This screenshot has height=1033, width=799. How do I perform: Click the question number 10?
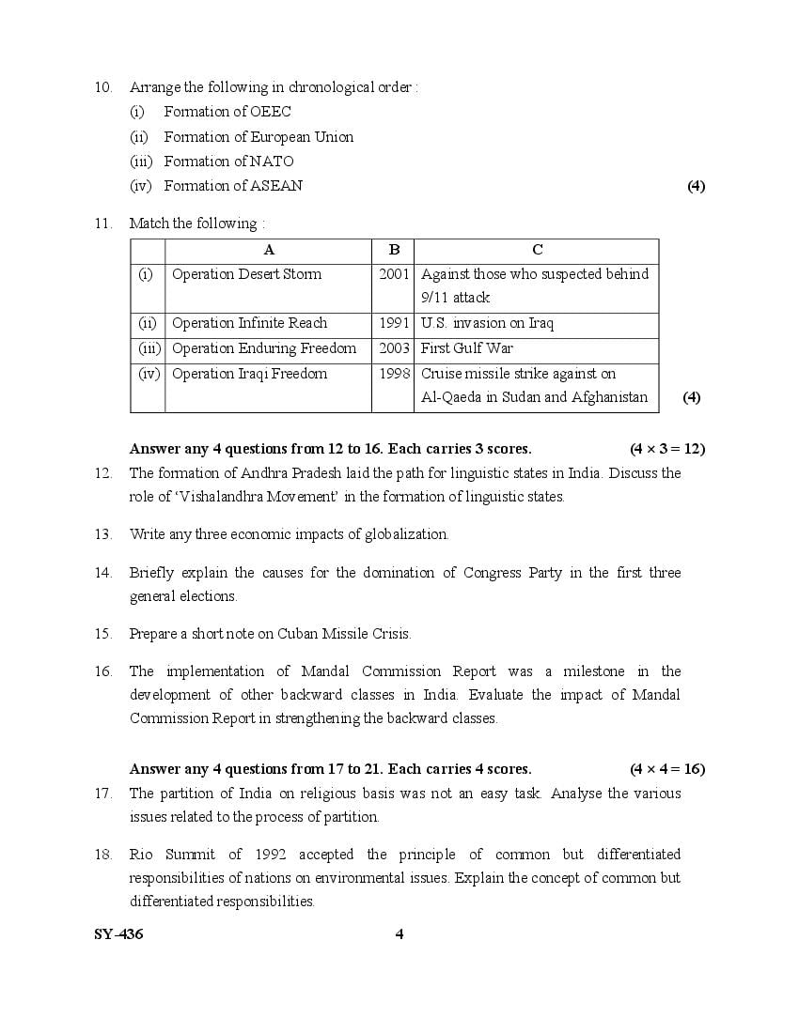tap(103, 87)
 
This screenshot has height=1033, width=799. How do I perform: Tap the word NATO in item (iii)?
tap(272, 162)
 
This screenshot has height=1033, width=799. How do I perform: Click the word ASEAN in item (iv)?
tap(276, 186)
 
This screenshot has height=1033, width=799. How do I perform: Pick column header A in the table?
tap(269, 250)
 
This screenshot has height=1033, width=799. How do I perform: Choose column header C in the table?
tap(537, 250)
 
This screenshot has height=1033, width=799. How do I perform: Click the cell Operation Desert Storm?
tap(246, 274)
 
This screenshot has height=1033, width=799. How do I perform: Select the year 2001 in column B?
tap(394, 274)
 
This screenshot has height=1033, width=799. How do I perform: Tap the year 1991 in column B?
tap(394, 323)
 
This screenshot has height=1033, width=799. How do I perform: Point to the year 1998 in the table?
tap(394, 374)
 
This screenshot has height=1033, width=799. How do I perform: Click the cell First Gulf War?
tap(467, 348)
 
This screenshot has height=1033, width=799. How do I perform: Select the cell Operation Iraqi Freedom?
tap(249, 374)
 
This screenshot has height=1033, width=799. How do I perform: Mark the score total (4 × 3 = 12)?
tap(667, 449)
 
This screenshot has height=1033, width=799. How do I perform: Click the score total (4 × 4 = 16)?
tap(667, 769)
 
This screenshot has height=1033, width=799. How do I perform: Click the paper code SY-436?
tap(119, 934)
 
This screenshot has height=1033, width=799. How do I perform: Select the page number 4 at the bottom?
tap(399, 934)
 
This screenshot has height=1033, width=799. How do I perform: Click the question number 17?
tap(103, 794)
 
